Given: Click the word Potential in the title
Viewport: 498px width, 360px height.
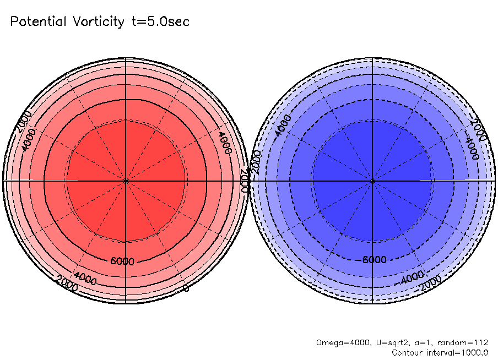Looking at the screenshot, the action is [x=38, y=21].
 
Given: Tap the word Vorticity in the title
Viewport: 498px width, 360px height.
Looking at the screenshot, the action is [x=99, y=22].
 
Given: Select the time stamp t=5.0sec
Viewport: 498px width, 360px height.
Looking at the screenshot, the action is [x=160, y=21].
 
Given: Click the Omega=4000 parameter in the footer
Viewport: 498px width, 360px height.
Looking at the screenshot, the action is [x=343, y=343].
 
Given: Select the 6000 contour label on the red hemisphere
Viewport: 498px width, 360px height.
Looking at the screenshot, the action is [x=122, y=261].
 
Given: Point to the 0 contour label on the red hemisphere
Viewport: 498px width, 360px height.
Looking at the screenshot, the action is [x=186, y=288].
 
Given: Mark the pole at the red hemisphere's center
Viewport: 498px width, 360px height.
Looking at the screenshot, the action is [x=126, y=181].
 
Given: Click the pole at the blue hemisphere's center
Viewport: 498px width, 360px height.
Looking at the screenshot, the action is [x=372, y=181].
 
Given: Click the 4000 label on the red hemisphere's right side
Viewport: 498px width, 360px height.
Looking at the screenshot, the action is [x=225, y=143].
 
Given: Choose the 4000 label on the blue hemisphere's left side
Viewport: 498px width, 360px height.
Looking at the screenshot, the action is [x=282, y=126].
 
